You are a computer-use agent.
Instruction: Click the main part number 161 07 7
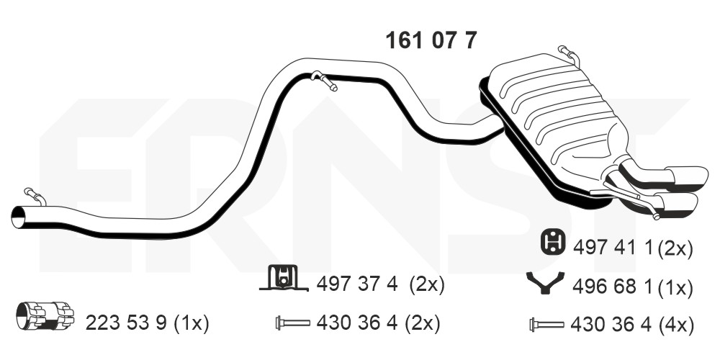pos(431,40)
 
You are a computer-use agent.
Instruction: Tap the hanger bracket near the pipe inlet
pos(35,196)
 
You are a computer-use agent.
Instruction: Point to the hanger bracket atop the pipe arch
pos(324,81)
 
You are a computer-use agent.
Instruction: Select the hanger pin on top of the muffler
pos(569,55)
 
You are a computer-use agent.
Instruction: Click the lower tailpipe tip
pos(678,206)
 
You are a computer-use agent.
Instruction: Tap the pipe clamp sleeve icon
pos(45,315)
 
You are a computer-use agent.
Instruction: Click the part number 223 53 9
pos(127,324)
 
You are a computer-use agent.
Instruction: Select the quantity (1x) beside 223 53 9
pos(192,324)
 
